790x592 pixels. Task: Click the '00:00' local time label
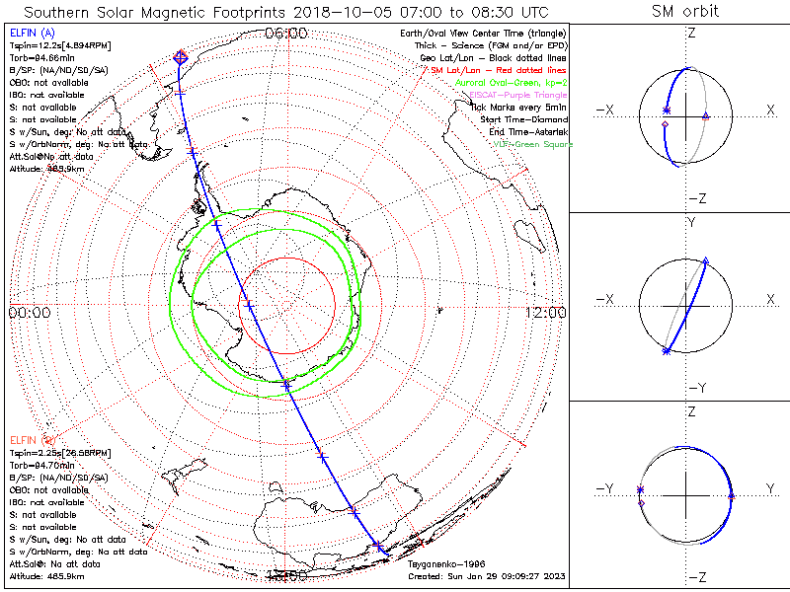click(x=29, y=312)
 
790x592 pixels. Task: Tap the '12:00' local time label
click(x=546, y=312)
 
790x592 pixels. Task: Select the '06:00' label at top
click(x=287, y=34)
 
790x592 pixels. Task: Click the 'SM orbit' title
click(x=685, y=11)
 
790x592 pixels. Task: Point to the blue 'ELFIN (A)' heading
click(x=30, y=33)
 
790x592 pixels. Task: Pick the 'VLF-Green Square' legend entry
click(x=532, y=144)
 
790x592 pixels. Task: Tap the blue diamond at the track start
click(x=180, y=58)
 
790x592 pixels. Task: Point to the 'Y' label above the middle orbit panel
click(x=690, y=223)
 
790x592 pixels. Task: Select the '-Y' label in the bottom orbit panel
click(x=604, y=488)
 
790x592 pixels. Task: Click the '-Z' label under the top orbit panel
click(x=695, y=198)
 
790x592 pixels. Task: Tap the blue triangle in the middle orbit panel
click(x=705, y=261)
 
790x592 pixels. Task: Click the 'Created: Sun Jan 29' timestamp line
click(x=487, y=576)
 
